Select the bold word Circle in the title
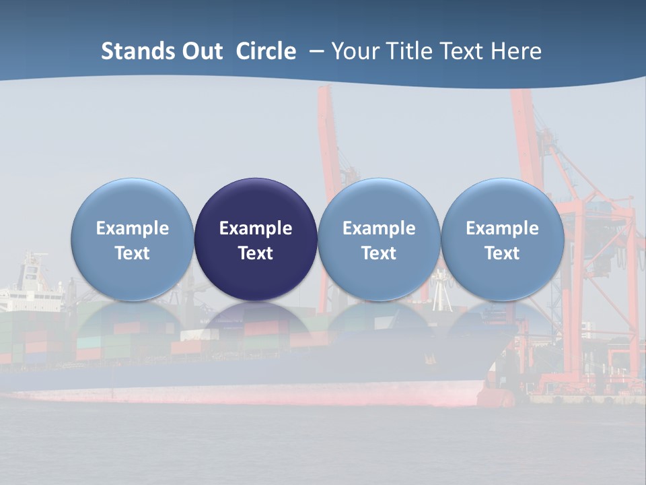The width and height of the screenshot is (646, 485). pos(266,51)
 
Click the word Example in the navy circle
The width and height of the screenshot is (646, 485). pos(256,228)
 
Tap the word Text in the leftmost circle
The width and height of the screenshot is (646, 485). pos(132,253)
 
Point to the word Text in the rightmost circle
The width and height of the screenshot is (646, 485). pos(503,253)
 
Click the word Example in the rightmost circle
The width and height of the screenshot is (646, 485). pos(503,228)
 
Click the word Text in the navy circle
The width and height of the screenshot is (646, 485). pos(256,253)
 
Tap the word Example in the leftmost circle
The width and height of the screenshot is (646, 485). pos(132,228)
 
